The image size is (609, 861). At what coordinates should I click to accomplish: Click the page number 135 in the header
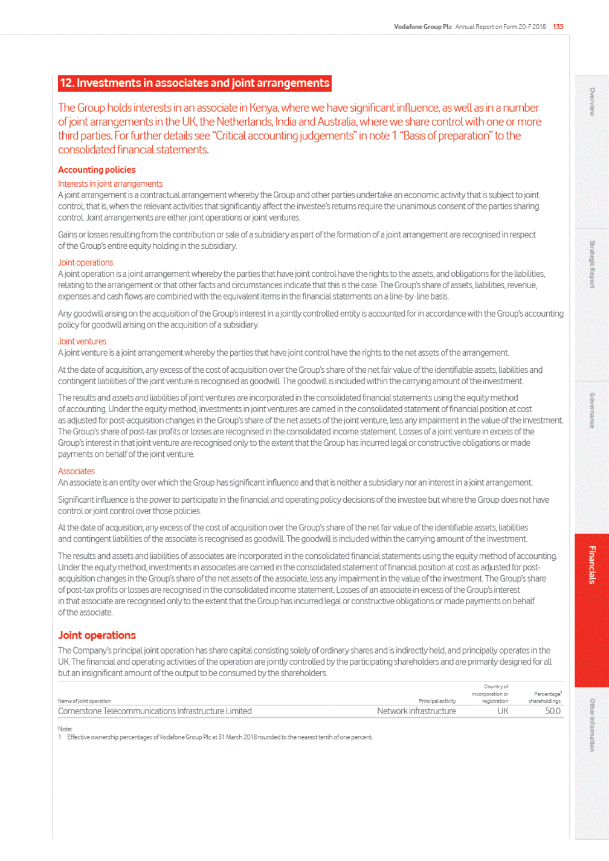pos(558,27)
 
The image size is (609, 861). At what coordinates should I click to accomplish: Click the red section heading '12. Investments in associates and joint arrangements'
pos(195,83)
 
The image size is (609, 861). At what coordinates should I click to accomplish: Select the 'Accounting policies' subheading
pos(97,170)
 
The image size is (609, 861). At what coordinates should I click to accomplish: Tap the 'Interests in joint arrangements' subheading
pos(110,184)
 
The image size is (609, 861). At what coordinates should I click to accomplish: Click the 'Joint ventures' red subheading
pos(82,341)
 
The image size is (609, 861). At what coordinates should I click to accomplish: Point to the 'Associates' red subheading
pos(76,471)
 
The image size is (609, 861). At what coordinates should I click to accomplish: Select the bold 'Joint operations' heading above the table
pos(97,635)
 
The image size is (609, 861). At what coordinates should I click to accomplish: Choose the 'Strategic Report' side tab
pos(592,264)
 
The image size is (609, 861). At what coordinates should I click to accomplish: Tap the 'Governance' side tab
pos(592,410)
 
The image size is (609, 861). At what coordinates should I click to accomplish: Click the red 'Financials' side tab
pos(592,565)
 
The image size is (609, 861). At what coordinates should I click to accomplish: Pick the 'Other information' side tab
pos(592,725)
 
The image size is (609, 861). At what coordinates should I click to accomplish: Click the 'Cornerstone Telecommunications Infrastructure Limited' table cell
pos(155,711)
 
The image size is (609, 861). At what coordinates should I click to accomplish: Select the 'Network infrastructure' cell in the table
pos(416,711)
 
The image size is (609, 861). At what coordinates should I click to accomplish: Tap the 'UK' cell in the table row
pos(503,711)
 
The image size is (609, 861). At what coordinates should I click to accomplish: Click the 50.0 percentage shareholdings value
pos(552,711)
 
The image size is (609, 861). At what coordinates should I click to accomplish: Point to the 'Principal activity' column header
pos(437,701)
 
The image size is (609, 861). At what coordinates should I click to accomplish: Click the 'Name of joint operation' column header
pos(84,701)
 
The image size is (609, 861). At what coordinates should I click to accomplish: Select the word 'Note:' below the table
pos(65,729)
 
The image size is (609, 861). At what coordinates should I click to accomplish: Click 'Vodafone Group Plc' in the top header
pos(422,27)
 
